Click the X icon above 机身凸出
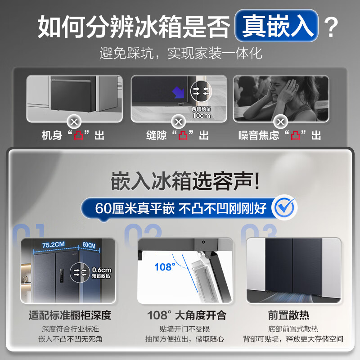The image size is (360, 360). pos(73,121)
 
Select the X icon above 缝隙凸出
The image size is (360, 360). pos(179,121)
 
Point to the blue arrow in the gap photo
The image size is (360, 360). pos(179,92)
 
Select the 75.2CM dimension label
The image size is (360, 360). pos(53,245)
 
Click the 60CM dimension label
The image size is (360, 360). pos(89,245)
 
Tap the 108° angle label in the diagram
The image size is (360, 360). pos(164,267)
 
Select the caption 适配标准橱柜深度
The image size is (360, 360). pos(69,315)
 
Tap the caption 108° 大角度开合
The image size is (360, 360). pos(187,315)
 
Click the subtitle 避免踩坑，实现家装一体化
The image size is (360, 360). pos(180,54)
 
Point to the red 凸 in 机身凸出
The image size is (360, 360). pos(79,135)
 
